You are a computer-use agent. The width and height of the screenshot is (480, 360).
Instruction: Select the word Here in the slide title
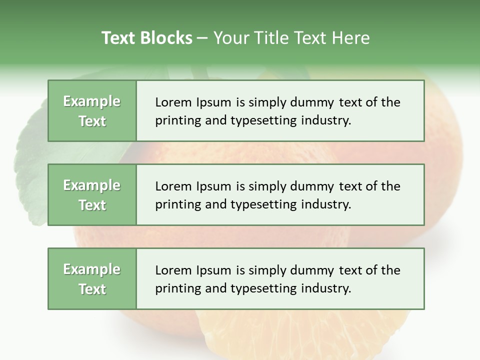(350, 38)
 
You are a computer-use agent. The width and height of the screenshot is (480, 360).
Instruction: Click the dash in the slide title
(202, 38)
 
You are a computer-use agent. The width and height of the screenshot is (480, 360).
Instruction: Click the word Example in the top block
(92, 101)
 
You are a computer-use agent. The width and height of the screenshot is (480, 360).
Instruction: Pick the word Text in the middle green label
(92, 205)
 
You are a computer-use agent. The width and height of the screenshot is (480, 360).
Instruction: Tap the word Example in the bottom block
(92, 269)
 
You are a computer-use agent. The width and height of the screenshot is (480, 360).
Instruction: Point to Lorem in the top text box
(173, 102)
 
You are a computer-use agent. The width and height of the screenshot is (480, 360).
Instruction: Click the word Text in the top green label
(92, 121)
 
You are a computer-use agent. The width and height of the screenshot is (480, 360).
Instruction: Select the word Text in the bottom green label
(92, 289)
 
